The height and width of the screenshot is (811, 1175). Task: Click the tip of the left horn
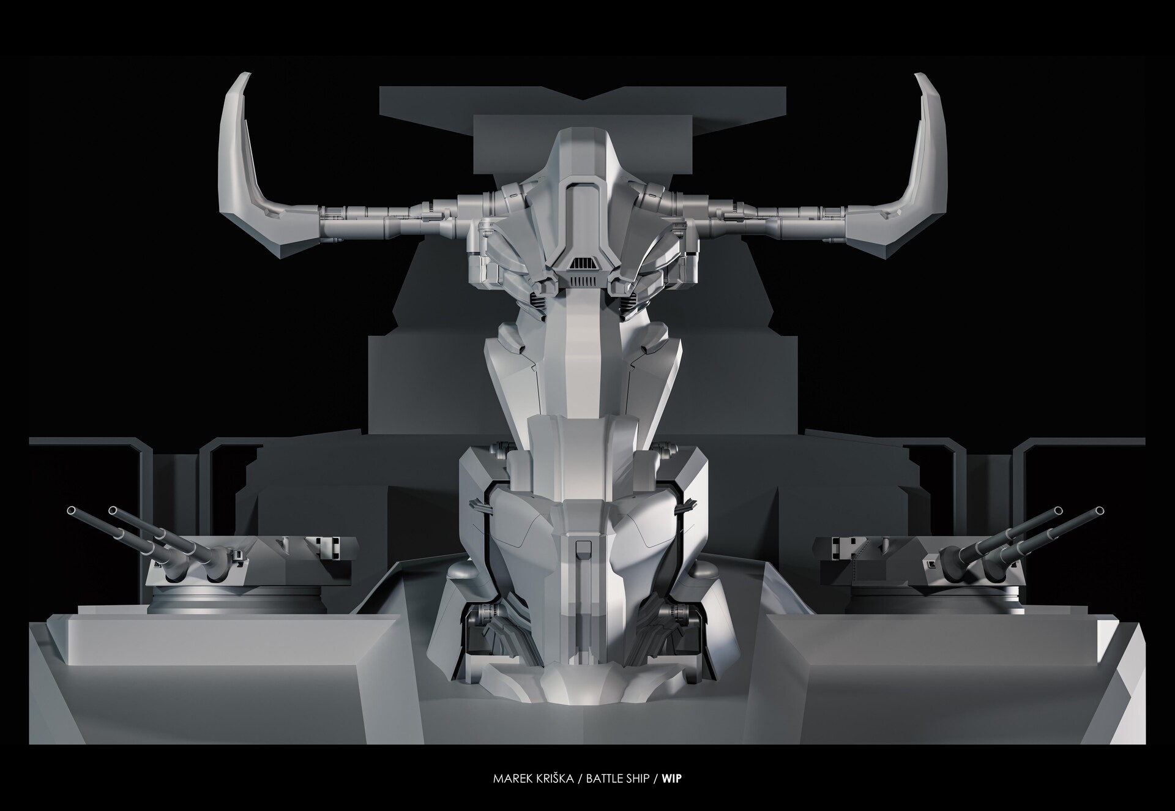click(246, 77)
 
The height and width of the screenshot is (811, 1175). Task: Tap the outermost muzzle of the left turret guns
click(71, 510)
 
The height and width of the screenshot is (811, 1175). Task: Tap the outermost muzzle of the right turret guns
click(1100, 510)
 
